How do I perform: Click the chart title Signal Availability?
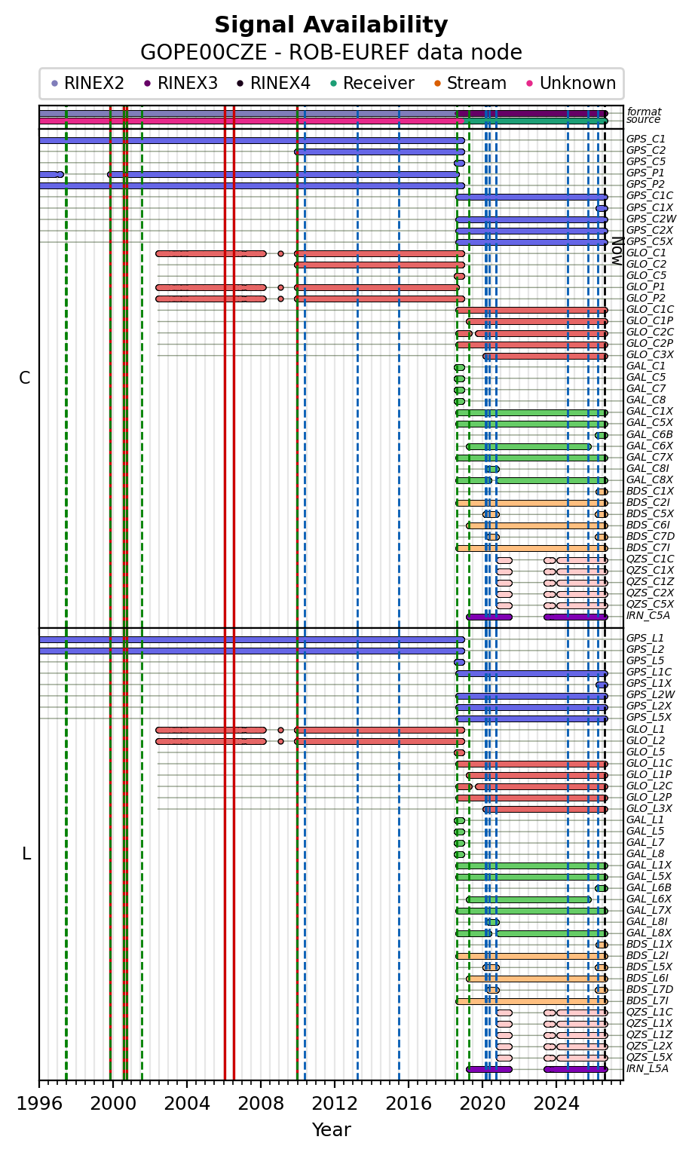point(331,25)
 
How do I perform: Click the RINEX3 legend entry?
point(182,83)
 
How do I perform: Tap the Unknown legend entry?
point(571,83)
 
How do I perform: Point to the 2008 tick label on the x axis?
point(260,1104)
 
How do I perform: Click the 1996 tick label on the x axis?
point(39,1104)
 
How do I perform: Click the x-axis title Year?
point(331,1129)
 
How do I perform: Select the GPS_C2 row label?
point(645,151)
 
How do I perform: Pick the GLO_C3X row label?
point(650,355)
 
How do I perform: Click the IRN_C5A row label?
point(648,616)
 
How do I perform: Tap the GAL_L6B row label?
point(649,888)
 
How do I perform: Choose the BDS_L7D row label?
point(650,989)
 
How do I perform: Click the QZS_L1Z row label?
point(650,1034)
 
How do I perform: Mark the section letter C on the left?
point(25,378)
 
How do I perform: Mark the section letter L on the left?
point(26,854)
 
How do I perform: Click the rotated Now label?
point(617,251)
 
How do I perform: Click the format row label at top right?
point(644,112)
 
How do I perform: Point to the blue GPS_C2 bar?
point(379,152)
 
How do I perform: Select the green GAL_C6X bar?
point(528,446)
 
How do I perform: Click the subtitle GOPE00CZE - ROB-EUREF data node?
point(331,53)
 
